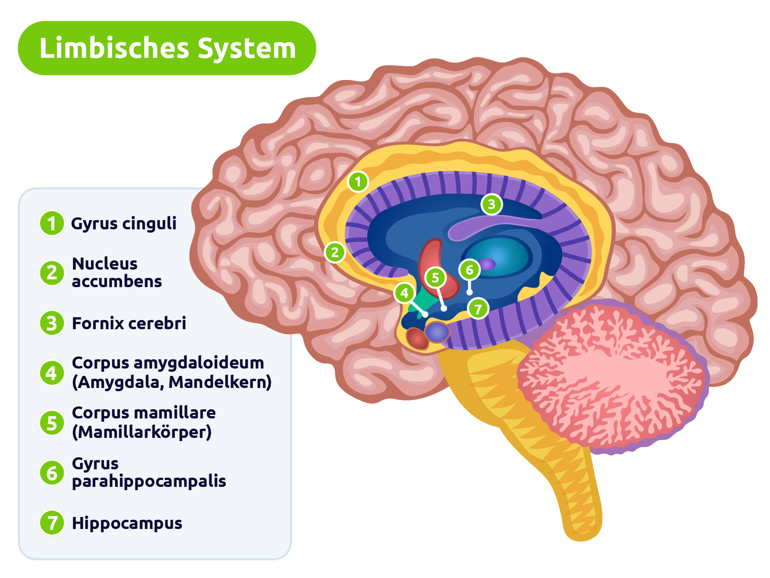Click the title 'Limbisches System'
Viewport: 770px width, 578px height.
(167, 48)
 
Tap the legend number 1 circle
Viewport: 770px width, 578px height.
(52, 223)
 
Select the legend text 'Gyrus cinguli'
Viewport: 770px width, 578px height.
(124, 223)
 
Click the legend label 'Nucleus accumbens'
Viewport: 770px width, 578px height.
(116, 272)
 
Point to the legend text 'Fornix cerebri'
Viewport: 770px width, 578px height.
(129, 323)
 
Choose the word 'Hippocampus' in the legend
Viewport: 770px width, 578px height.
(127, 523)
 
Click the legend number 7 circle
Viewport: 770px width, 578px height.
(52, 523)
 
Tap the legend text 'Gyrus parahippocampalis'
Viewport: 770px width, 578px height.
(149, 472)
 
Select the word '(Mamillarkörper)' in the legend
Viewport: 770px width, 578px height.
(142, 432)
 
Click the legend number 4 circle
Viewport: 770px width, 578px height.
(52, 373)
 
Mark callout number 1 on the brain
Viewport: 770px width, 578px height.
(358, 181)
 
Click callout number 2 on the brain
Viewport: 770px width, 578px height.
(334, 252)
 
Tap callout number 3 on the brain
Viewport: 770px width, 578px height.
(491, 204)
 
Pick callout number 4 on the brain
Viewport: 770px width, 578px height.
(405, 293)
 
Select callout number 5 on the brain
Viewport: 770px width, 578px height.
(435, 277)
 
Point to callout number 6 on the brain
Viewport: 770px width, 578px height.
(469, 270)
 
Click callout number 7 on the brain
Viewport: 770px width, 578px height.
(478, 308)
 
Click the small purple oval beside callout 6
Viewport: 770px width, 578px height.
(486, 264)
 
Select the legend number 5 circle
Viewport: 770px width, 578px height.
(52, 423)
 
